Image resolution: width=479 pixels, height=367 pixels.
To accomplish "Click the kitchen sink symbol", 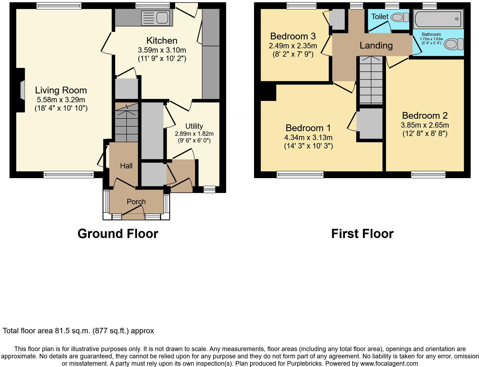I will point(157,18).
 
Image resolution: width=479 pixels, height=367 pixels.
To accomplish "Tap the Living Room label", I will point(61,90).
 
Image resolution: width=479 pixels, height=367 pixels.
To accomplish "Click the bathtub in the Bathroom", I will point(438,19).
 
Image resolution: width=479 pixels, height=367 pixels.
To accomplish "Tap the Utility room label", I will point(194,126).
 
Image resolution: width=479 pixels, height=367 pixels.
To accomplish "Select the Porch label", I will point(136,202).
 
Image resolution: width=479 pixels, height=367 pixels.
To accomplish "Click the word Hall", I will point(126,166).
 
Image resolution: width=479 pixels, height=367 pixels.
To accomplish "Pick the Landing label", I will point(376,46).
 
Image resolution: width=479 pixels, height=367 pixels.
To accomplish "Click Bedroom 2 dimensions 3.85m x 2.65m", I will point(425,125).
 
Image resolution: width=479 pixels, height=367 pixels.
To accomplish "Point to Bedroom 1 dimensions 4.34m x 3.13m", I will point(308,137).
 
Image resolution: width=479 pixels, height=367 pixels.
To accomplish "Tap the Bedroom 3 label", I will point(293,36).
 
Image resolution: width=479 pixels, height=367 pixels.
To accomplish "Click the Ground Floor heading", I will point(118,234).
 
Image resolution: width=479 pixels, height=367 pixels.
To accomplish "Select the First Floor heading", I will point(362,234).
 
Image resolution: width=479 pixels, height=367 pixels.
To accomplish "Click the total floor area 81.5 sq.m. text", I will point(78,331).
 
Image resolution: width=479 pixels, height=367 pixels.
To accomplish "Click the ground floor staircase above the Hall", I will point(126,123).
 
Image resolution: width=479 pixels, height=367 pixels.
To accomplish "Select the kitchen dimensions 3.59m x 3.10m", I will point(162,50).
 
